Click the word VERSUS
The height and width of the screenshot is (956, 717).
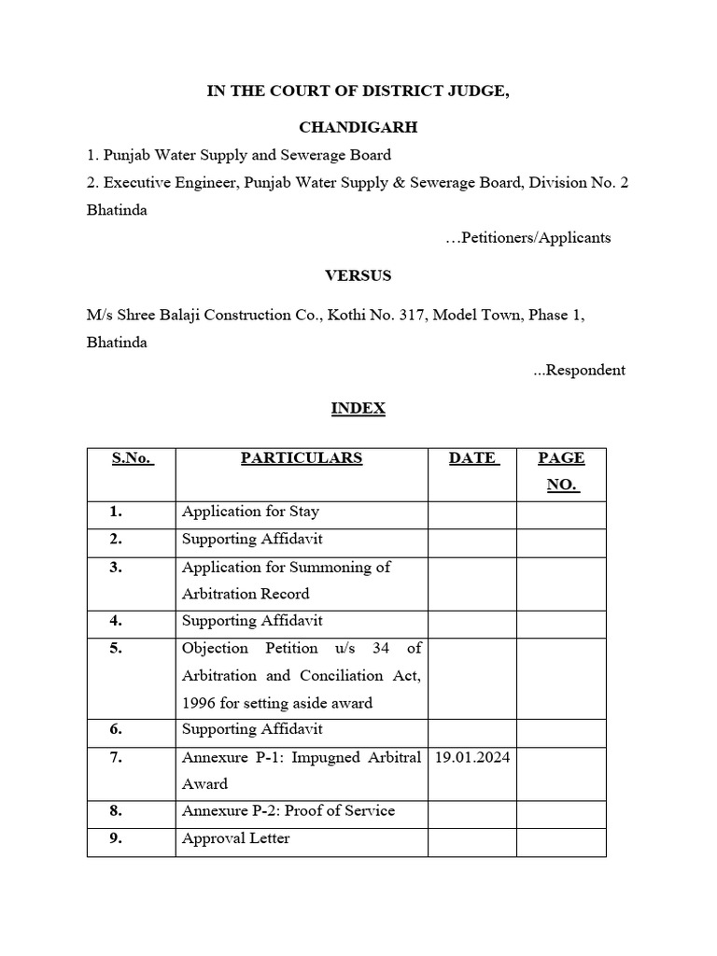[x=358, y=275]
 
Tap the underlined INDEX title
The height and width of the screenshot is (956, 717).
[x=358, y=408]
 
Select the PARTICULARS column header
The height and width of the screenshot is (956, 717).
[x=302, y=458]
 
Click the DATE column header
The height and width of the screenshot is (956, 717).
[x=472, y=458]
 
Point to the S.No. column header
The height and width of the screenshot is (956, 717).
[x=132, y=458]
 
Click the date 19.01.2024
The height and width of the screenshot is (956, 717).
[x=472, y=757]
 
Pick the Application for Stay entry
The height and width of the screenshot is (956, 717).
[x=250, y=512]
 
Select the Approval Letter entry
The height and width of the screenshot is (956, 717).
[x=235, y=838]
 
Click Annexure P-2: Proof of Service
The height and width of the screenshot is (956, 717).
[x=288, y=810]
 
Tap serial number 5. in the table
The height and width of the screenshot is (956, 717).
[x=116, y=648]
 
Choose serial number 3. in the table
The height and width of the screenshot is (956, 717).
[x=116, y=568]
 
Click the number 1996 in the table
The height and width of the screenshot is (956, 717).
[x=200, y=703]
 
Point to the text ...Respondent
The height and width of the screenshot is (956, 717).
[x=579, y=370]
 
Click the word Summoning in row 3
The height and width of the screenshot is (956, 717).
[x=344, y=568]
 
